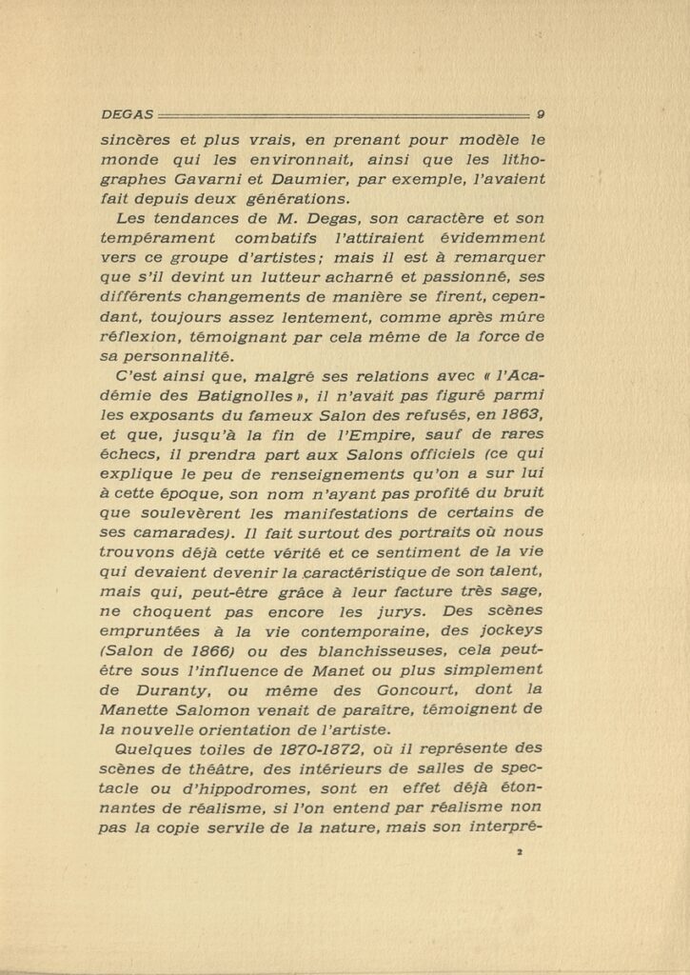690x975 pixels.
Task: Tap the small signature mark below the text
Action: [521, 855]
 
